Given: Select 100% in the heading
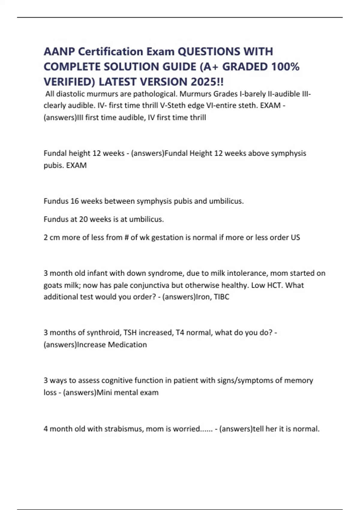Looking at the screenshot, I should [285, 67].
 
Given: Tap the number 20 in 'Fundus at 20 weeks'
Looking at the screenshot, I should [83, 219].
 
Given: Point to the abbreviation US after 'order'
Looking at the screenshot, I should [295, 237].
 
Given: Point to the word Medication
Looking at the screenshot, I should [127, 345].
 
